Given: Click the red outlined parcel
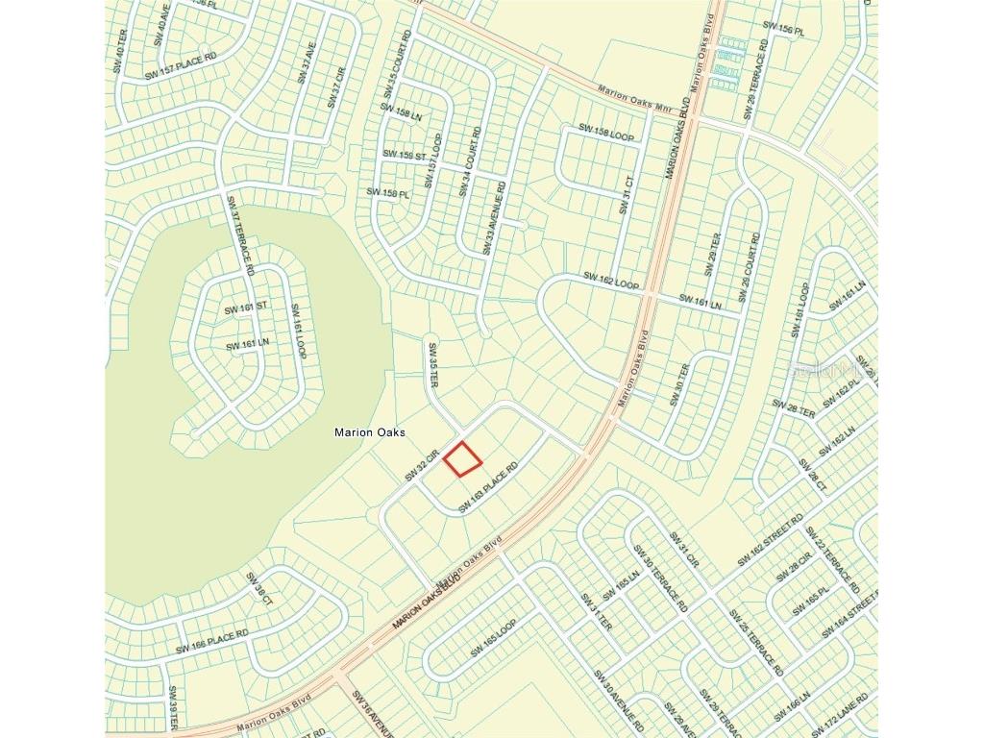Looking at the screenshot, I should point(462,458).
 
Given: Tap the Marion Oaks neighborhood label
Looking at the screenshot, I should point(369,432).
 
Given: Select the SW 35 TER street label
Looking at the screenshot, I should point(433,365).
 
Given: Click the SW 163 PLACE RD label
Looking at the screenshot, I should point(487,487).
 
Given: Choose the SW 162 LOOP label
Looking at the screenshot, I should point(610,281).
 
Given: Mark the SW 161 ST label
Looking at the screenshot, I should point(246,309).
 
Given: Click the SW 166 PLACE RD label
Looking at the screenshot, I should point(211,641).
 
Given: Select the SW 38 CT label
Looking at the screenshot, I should point(259,589).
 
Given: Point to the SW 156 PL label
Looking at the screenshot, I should point(782,28).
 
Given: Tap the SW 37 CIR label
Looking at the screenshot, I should point(336,87).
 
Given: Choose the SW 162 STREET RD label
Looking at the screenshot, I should point(770,541).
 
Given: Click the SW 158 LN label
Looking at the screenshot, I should point(401,111).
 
